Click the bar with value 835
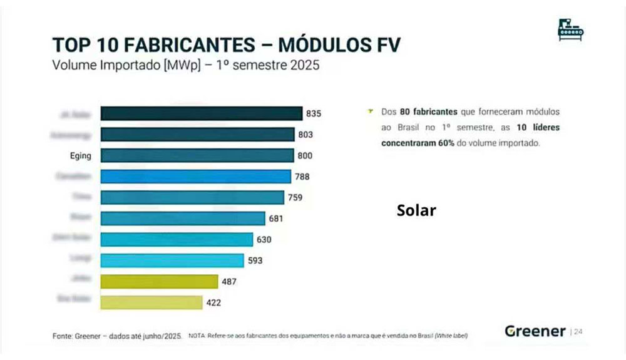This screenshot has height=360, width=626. (202, 113)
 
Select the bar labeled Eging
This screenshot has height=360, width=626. (197, 155)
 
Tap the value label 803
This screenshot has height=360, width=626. (305, 135)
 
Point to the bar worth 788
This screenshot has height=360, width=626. (196, 177)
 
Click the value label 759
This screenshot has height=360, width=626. (295, 198)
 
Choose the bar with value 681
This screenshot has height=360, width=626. (183, 219)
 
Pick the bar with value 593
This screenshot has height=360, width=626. (172, 260)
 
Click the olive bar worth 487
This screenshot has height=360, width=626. (159, 282)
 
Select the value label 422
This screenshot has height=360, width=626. (213, 303)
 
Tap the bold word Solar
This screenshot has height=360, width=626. (416, 210)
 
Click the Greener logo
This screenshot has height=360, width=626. (535, 331)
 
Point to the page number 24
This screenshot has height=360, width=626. (578, 332)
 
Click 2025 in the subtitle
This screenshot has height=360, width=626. (299, 64)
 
